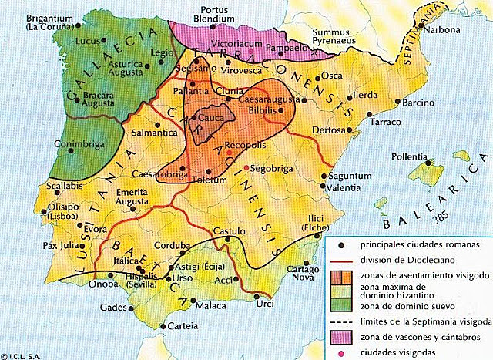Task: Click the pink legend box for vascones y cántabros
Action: pos(341,337)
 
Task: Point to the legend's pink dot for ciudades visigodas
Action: pos(341,353)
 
